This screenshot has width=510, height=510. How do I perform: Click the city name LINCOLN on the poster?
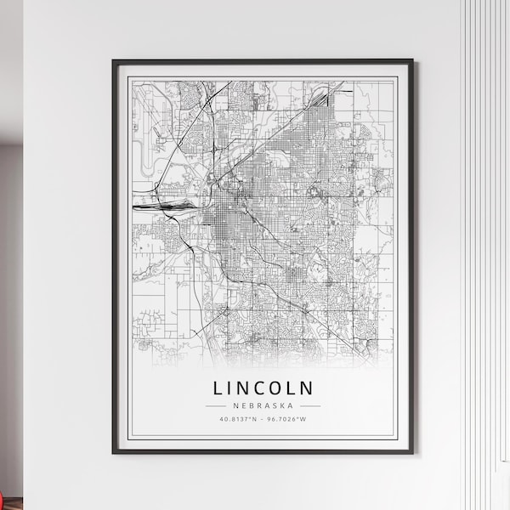263,388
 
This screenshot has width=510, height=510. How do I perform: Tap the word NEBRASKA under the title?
263,405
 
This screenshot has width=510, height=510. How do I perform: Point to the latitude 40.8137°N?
237,419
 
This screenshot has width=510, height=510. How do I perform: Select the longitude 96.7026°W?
288,419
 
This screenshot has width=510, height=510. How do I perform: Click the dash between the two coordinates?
263,419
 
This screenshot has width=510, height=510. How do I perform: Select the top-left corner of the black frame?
114,60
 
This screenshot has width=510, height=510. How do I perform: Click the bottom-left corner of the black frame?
114,465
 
